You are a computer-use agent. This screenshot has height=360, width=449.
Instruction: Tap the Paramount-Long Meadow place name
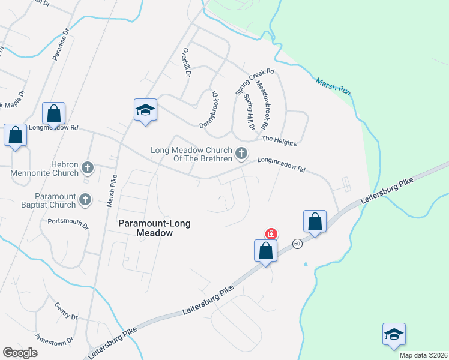click(154, 228)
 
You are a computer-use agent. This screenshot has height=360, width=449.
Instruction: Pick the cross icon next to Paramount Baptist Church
click(86, 199)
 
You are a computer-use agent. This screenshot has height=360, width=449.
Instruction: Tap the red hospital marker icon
click(271, 233)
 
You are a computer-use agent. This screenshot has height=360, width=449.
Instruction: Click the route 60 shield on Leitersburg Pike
click(297, 244)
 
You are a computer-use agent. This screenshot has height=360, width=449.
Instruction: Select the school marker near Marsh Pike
click(145, 110)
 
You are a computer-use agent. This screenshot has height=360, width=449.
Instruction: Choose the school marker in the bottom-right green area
click(394, 334)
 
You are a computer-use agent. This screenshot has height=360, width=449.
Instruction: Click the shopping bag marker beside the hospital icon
click(266, 251)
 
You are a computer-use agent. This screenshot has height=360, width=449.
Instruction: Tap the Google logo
click(20, 353)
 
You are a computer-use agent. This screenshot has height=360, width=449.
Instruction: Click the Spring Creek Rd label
click(255, 82)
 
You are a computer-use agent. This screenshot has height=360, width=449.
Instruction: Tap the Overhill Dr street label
click(186, 63)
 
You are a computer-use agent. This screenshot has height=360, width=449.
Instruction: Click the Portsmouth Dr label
click(68, 224)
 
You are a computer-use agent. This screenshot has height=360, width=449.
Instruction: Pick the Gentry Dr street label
click(66, 311)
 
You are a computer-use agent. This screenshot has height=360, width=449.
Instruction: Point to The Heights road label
click(279, 140)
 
